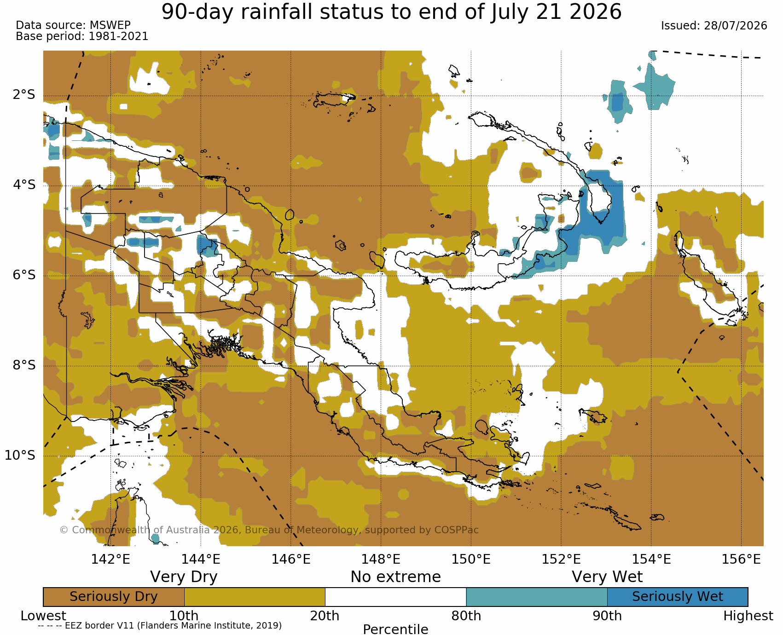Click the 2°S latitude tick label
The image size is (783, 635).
tap(24, 95)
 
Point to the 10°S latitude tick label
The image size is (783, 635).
tap(20, 456)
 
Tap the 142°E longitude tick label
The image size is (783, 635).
tap(110, 560)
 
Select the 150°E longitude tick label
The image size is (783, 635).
tap(471, 560)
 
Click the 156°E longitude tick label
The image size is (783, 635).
tap(741, 560)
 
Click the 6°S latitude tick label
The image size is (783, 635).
tap(24, 275)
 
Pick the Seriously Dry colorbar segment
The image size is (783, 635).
tap(114, 597)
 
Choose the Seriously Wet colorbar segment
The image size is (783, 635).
tap(678, 597)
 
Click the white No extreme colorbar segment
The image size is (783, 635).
tap(396, 597)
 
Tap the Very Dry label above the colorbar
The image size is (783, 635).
tap(184, 577)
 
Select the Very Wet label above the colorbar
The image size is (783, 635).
tap(607, 577)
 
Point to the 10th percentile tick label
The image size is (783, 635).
tap(184, 616)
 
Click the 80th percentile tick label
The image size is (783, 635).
tap(466, 616)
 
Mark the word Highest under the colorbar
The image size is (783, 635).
tap(748, 616)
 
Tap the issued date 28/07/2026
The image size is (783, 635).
tap(736, 26)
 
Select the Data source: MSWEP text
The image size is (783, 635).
tap(73, 25)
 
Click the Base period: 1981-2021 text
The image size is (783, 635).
tap(82, 36)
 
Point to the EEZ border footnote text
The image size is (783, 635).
tap(160, 626)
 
